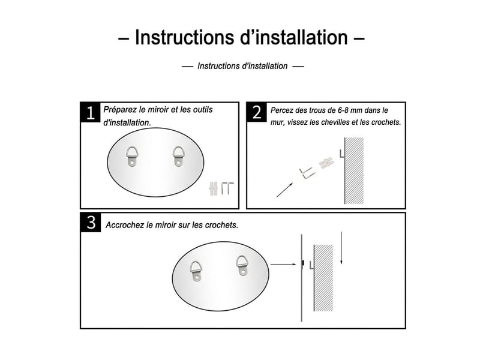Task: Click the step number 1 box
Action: [x=91, y=112]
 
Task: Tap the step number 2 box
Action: [x=257, y=112]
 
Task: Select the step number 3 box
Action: [x=91, y=222]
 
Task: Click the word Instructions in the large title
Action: [x=185, y=37]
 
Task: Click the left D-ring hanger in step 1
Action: [x=131, y=157]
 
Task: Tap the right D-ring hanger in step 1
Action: [x=178, y=156]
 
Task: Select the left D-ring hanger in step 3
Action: [x=196, y=271]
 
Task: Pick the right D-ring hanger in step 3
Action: [x=242, y=266]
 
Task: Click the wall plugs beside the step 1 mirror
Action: [x=214, y=188]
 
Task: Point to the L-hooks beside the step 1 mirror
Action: [x=227, y=188]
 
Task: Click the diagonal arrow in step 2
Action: [x=284, y=190]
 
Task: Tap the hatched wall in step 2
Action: [x=354, y=171]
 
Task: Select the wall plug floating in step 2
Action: [x=326, y=163]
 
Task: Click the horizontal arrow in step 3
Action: [x=283, y=264]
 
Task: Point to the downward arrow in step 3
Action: [x=341, y=248]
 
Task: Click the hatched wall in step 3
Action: [x=323, y=278]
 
